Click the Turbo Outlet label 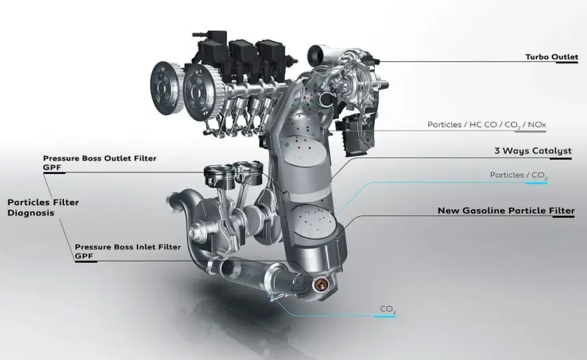pos(552,57)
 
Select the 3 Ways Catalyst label pos(533,151)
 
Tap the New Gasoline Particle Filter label pos(506,211)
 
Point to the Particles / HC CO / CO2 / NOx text pos(487,125)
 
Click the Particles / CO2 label pos(518,175)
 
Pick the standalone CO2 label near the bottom pos(388,309)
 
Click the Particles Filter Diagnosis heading pos(43,207)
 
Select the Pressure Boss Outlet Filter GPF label pos(99,163)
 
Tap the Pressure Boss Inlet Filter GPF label pos(127,251)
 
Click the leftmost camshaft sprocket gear pos(165,88)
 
